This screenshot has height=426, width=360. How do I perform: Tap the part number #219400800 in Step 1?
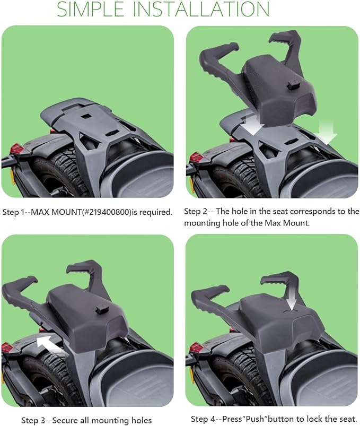click(x=108, y=212)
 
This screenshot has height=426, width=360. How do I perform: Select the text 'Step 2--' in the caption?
click(x=199, y=211)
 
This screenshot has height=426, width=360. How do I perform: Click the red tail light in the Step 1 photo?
click(x=17, y=149)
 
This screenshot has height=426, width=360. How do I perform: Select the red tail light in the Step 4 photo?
click(x=197, y=347)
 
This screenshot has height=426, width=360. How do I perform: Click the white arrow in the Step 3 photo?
click(x=49, y=344)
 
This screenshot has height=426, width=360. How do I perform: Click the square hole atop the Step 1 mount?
click(x=87, y=116)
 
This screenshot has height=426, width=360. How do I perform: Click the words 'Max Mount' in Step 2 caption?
click(x=286, y=223)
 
